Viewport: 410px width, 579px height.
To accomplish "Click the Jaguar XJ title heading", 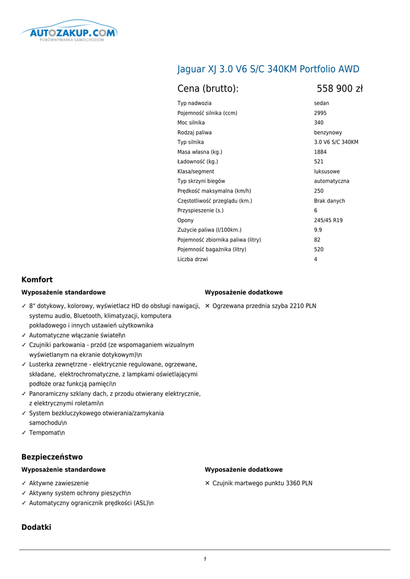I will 268,70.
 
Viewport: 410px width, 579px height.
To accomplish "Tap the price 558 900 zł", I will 339,89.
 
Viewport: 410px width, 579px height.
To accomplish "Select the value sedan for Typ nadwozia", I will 321,103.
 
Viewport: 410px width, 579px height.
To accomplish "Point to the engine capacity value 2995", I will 320,113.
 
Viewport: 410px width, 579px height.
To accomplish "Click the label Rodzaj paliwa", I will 195,133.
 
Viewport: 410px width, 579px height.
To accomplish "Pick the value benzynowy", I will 328,133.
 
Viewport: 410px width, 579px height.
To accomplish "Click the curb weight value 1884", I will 320,152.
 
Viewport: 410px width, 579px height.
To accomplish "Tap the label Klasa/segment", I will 196,172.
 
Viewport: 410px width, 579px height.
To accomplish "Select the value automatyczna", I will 331,182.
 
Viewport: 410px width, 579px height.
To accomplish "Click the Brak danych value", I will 329,201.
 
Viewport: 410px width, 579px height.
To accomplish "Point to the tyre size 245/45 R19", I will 328,221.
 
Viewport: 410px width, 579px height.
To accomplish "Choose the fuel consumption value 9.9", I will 318,230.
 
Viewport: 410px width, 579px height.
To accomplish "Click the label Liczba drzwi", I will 192,260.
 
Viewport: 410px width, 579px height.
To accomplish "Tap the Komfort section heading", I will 37,280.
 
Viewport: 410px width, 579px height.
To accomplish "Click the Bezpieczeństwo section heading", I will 52,457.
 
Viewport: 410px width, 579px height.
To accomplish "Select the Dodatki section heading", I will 36,527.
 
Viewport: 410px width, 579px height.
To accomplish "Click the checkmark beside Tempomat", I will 24,433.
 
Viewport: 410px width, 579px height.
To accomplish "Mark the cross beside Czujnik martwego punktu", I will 208,483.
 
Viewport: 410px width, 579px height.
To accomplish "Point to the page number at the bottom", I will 205,559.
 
